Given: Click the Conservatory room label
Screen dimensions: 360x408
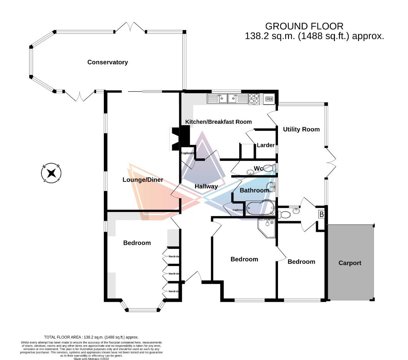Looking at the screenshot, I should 108,62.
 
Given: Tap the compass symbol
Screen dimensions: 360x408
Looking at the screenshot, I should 51,173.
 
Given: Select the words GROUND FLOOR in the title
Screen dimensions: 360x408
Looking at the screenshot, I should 304,26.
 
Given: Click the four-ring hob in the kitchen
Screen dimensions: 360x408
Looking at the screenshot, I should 254,99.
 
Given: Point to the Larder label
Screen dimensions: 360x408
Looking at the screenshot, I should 265,145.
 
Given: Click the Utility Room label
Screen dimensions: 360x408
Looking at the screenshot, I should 301,129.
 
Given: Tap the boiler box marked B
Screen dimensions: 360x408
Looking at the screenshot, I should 321,215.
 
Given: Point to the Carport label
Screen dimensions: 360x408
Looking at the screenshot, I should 350,263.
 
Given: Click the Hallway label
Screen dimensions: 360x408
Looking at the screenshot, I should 206,186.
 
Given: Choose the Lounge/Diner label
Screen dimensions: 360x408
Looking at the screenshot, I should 143,180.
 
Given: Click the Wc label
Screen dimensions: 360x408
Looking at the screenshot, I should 259,168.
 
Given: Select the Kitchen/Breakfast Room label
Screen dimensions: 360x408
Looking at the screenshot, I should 218,122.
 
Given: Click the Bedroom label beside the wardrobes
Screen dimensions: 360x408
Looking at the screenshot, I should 137,243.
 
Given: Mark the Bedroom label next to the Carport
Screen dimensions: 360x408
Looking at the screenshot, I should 301,261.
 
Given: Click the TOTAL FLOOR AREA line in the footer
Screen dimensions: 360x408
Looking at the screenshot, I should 91,337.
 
